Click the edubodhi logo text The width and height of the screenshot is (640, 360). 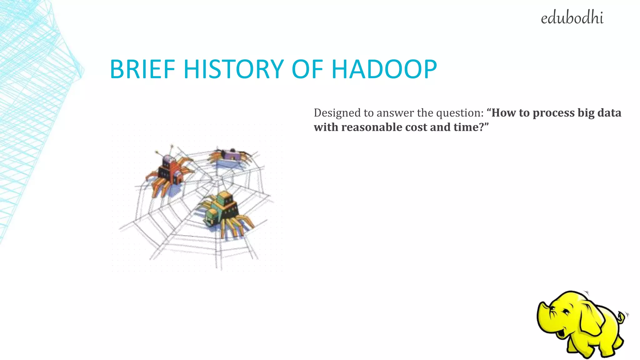click(x=572, y=18)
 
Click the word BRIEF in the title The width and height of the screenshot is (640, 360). click(x=142, y=69)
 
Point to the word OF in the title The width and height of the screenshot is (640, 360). click(x=307, y=69)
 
